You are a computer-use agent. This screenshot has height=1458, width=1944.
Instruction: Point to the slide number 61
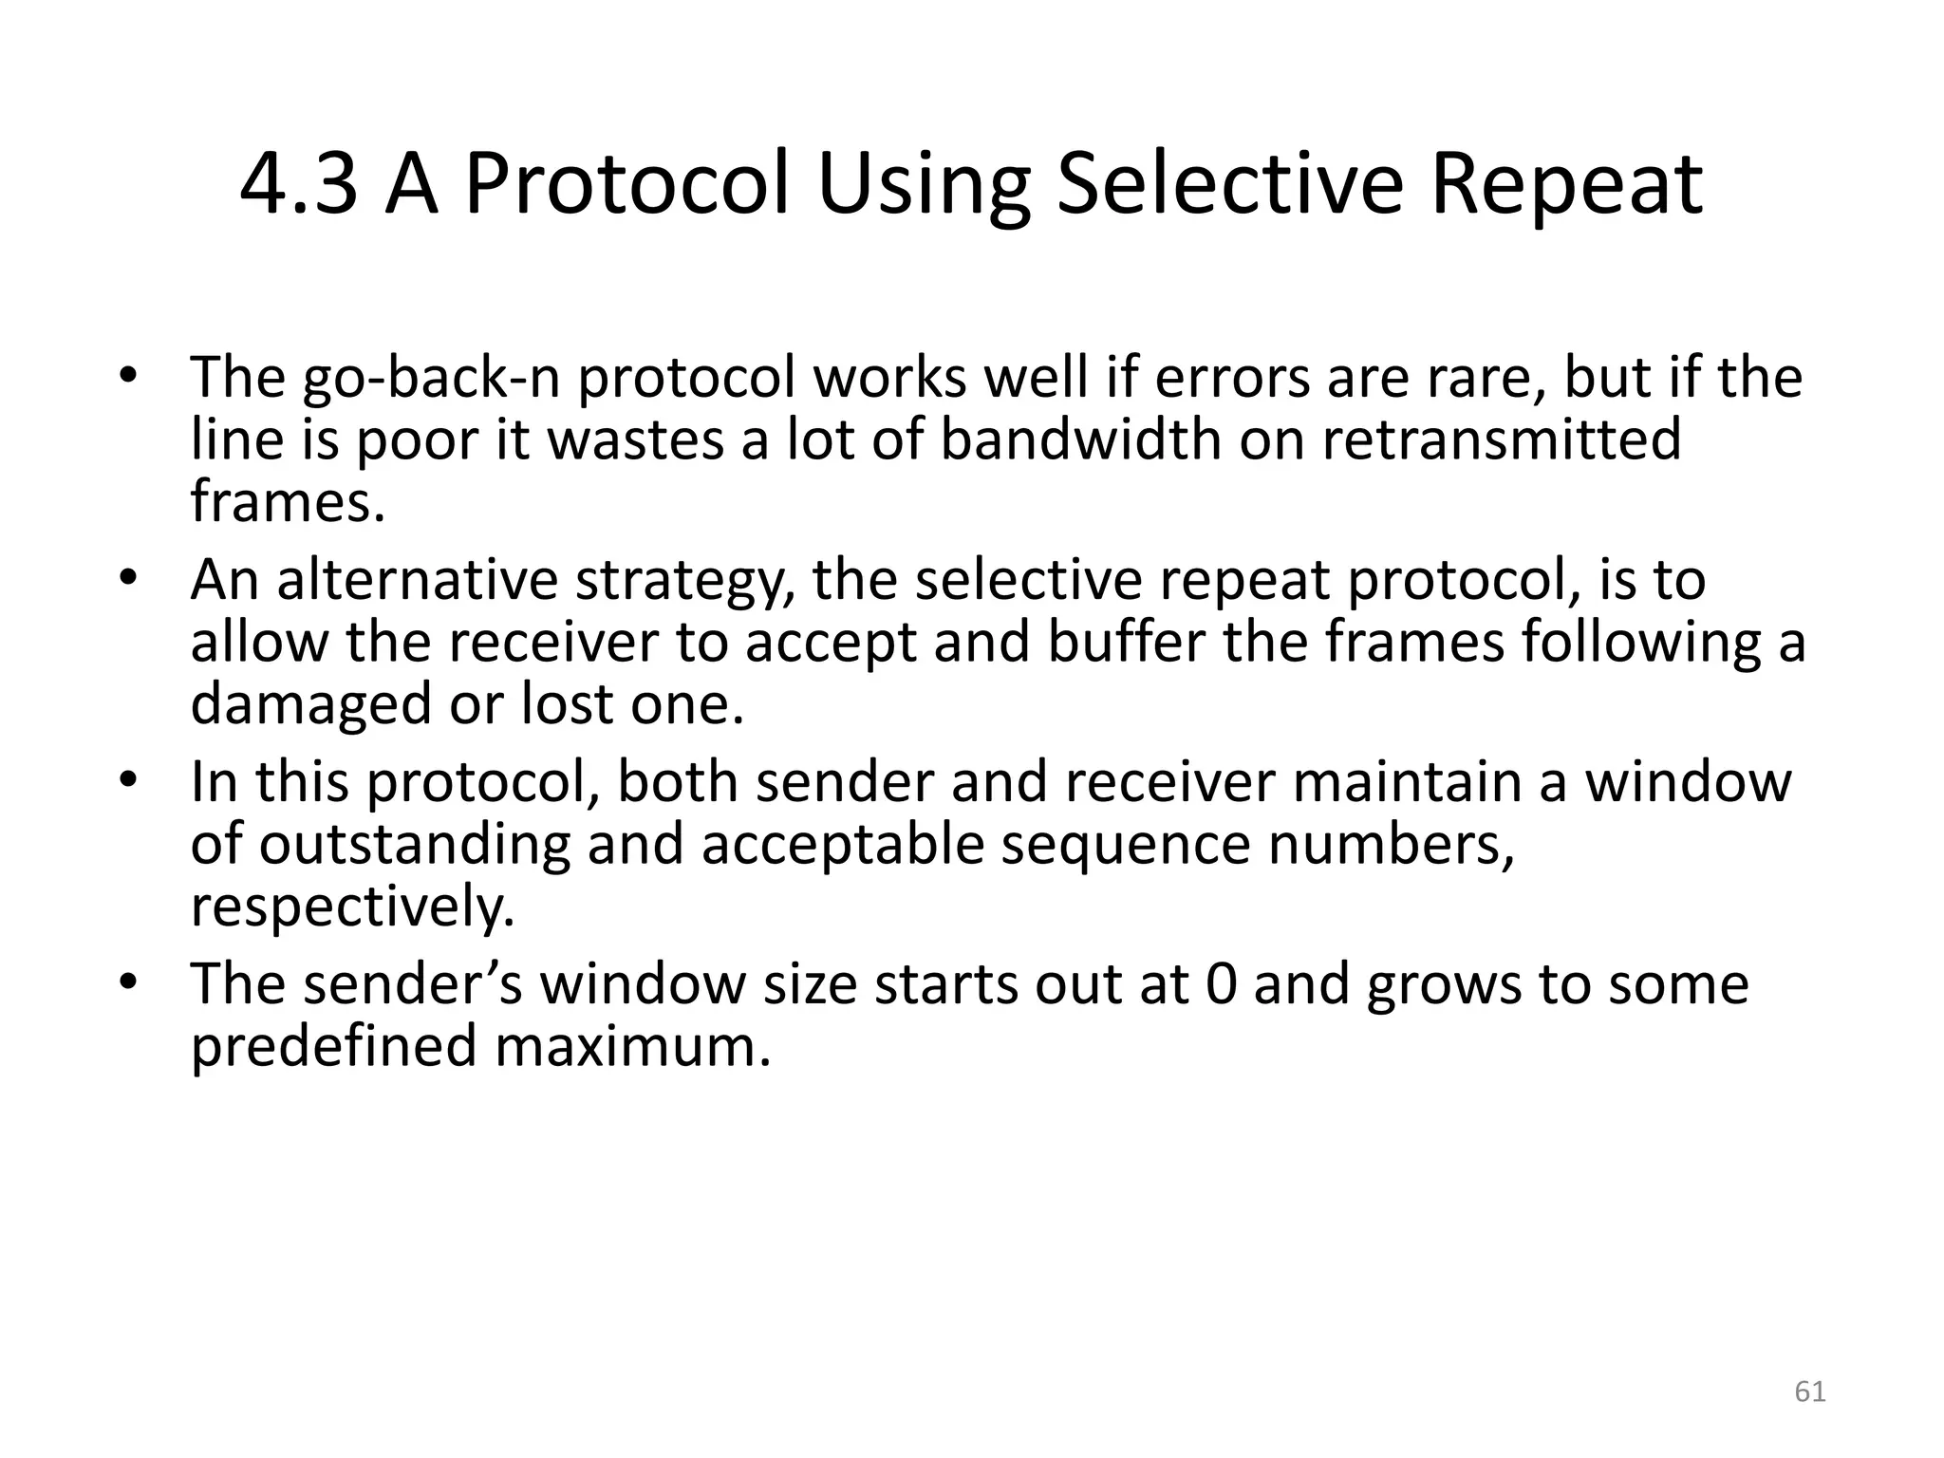click(x=1810, y=1392)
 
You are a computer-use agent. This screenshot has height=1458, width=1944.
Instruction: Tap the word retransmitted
click(x=1502, y=439)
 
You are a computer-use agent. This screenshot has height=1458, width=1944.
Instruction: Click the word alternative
click(x=417, y=580)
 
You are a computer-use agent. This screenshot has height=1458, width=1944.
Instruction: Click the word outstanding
click(x=415, y=844)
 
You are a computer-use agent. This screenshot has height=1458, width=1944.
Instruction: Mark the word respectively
click(x=352, y=907)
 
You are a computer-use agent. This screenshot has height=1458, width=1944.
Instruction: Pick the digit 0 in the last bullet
click(x=1221, y=984)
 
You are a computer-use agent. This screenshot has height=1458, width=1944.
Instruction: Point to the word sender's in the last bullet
click(x=414, y=984)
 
